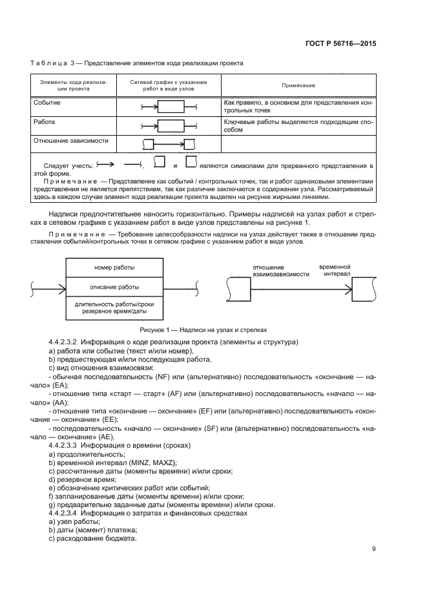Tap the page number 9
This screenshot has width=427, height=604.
tap(374, 550)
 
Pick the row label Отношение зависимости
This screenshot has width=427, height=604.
tap(70, 140)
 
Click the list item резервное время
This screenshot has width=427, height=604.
tap(84, 479)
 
